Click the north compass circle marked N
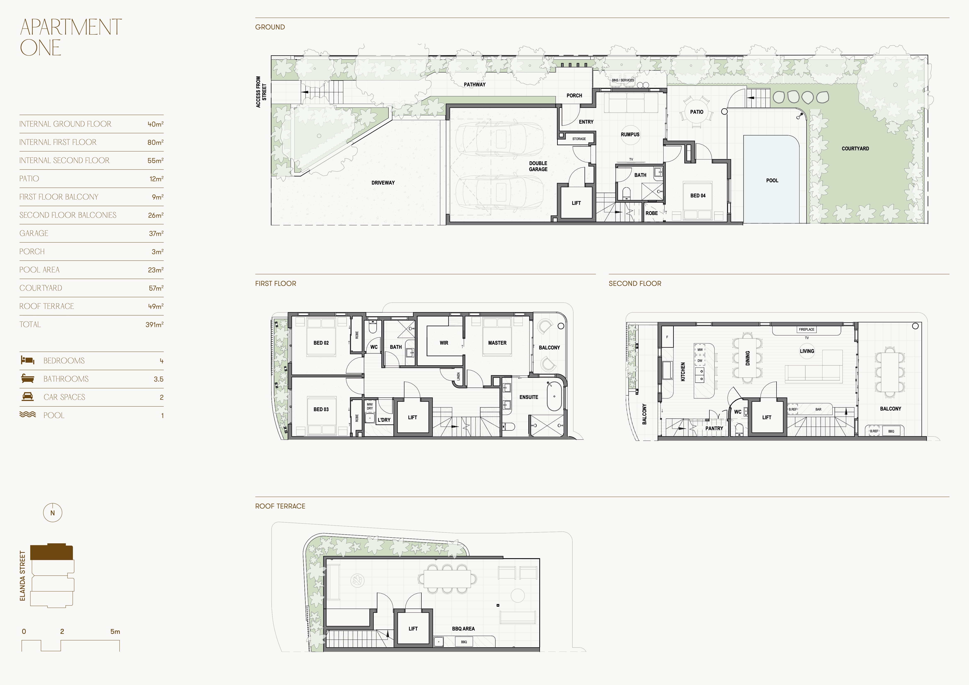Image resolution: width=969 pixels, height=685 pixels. (x=53, y=513)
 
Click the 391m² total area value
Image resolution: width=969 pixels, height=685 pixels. (x=155, y=325)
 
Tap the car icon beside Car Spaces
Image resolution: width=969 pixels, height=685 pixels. (x=27, y=397)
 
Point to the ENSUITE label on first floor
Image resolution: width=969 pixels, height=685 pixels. (x=529, y=397)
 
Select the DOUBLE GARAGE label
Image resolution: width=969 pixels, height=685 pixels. (x=538, y=166)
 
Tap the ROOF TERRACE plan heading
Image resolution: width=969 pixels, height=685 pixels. (x=280, y=506)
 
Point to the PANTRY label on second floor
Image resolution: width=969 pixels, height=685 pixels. (x=714, y=428)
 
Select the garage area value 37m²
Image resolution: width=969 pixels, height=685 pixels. (x=156, y=233)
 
